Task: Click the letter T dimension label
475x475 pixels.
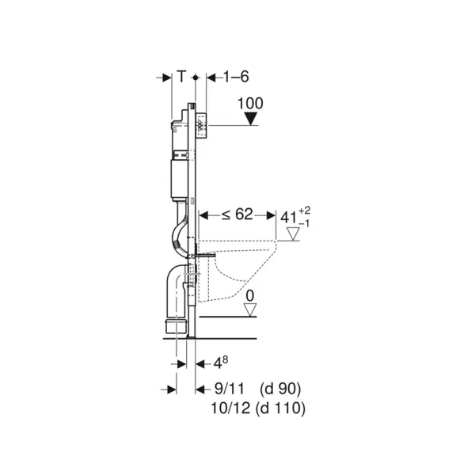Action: click(x=181, y=76)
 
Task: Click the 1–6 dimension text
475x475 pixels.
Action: click(x=236, y=77)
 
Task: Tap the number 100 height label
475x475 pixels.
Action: click(x=250, y=104)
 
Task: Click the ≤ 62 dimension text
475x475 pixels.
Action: click(x=237, y=215)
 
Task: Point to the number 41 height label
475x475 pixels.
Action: click(x=289, y=217)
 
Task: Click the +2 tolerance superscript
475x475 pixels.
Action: click(x=305, y=211)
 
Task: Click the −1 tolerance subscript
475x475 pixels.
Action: click(x=304, y=224)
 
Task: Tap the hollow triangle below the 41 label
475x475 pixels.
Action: click(x=293, y=234)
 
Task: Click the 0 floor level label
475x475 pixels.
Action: click(x=250, y=295)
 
